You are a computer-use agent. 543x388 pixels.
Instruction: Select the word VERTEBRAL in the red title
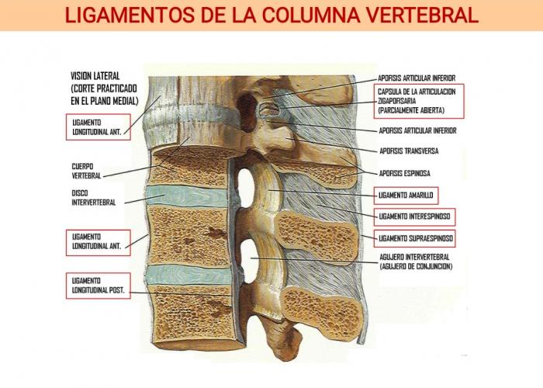click(x=422, y=16)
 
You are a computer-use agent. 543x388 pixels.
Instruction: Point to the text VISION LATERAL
click(x=95, y=76)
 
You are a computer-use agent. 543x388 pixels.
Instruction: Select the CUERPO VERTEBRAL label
click(x=86, y=171)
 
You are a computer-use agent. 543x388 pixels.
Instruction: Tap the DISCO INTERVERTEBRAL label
click(x=94, y=197)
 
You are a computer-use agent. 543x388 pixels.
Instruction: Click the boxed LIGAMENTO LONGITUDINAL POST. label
click(x=98, y=286)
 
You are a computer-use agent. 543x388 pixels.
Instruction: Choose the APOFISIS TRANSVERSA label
click(x=409, y=151)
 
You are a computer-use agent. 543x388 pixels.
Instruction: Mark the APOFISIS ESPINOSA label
click(x=404, y=173)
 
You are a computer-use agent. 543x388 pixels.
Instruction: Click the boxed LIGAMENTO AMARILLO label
click(x=406, y=196)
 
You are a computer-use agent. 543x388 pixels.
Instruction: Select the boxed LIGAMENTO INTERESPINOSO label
click(x=414, y=217)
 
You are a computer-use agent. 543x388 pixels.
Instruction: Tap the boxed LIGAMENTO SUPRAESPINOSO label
click(x=414, y=238)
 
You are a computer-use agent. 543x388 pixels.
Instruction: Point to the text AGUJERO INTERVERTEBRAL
click(x=414, y=257)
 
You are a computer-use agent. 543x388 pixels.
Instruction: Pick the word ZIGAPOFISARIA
click(x=397, y=101)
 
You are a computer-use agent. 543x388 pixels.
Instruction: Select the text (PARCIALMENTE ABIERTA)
click(x=411, y=110)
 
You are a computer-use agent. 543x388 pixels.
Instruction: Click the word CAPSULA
click(x=389, y=92)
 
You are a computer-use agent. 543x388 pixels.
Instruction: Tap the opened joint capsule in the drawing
click(x=269, y=110)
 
